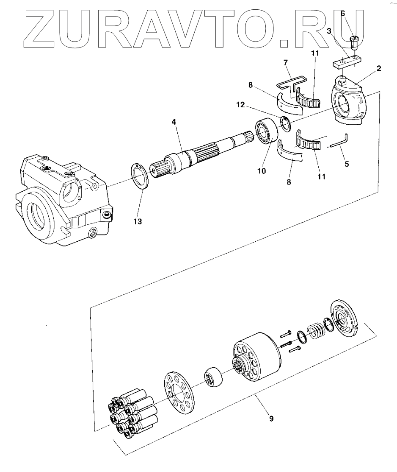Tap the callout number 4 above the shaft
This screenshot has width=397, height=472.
(174, 122)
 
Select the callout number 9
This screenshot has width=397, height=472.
(271, 419)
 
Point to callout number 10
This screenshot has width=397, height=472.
(261, 171)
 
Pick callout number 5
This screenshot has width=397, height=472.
(347, 163)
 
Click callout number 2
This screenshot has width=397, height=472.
(379, 68)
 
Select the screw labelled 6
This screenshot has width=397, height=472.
(354, 44)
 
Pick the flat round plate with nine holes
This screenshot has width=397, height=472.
(180, 392)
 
